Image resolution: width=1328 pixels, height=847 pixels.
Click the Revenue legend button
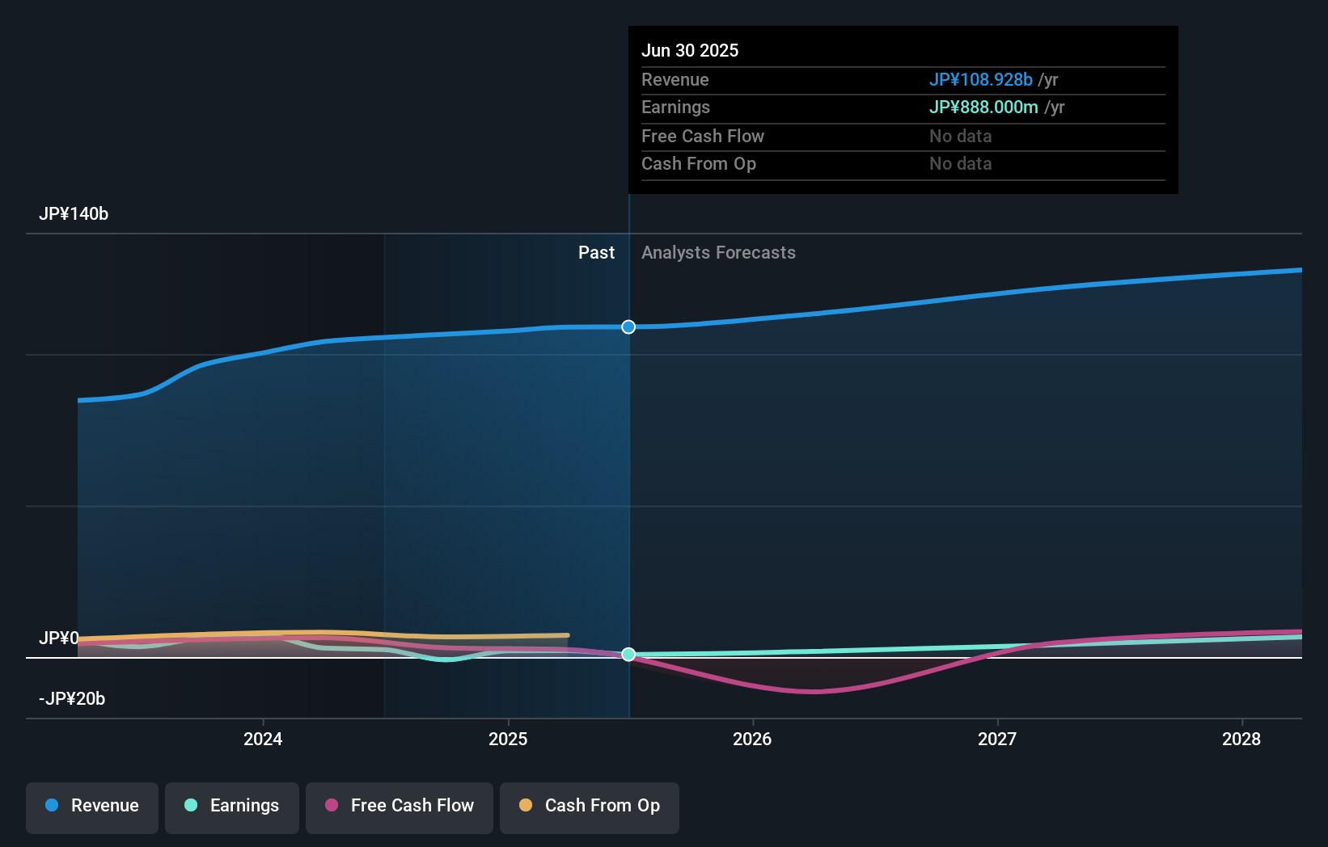[x=92, y=806]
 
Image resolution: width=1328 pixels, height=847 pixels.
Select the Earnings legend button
[x=232, y=806]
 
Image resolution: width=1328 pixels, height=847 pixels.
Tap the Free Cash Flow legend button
[x=400, y=806]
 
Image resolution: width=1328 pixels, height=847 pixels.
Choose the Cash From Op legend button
[x=590, y=806]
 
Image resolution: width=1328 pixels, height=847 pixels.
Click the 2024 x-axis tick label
[x=263, y=739]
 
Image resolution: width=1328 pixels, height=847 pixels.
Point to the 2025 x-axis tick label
[x=508, y=739]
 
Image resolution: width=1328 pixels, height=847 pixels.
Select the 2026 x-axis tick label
[x=752, y=739]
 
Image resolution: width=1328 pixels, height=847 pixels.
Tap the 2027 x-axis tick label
[x=997, y=739]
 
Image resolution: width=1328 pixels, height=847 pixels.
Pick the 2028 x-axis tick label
[x=1241, y=739]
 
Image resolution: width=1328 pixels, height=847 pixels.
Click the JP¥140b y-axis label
[x=74, y=214]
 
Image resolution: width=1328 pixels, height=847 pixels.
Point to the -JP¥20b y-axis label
[x=72, y=699]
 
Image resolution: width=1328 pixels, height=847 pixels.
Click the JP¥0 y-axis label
[x=59, y=638]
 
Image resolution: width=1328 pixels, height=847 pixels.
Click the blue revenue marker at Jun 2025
[x=628, y=327]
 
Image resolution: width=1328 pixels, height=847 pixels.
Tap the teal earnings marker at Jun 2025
[x=628, y=655]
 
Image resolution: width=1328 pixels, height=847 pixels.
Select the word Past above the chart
[x=596, y=253]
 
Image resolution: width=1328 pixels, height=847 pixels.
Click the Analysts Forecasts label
[x=718, y=253]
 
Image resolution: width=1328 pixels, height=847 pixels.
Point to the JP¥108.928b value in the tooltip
[x=980, y=80]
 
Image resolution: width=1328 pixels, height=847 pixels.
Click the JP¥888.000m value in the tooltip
[x=983, y=107]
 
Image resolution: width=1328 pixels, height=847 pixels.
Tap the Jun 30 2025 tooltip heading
[x=690, y=51]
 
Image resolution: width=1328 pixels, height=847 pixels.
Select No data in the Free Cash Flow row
[x=960, y=137]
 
